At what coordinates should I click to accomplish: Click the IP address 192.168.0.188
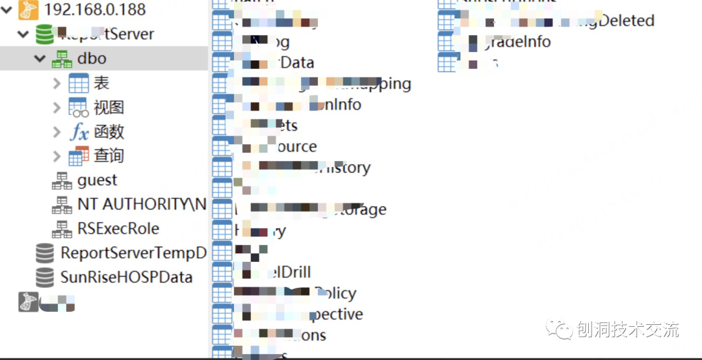point(95,10)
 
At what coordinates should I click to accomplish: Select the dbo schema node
point(92,58)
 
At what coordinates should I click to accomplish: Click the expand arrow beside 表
point(57,83)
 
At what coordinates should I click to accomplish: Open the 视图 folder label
point(109,107)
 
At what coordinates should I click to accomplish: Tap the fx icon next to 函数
point(79,132)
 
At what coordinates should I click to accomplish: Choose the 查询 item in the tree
point(109,156)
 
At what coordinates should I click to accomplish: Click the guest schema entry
point(97,180)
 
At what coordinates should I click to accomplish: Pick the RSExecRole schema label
point(118,229)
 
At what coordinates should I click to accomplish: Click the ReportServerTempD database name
point(133,253)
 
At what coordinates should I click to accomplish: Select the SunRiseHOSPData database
point(126,277)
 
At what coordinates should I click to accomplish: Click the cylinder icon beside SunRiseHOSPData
point(45,277)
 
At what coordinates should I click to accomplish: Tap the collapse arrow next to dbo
point(40,58)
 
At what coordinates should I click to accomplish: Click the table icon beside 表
point(79,83)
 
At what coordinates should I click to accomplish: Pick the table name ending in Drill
point(286,272)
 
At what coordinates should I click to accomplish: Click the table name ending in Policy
point(335,293)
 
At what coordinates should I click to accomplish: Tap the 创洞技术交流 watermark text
point(627,330)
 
